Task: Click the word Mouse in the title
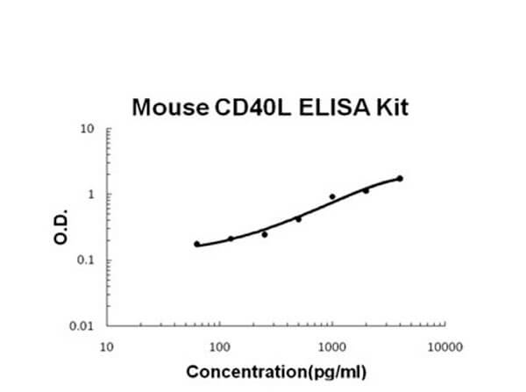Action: coord(170,107)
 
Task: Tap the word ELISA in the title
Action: coord(334,107)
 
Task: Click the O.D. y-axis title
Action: coord(60,227)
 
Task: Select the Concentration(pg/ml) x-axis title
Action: coord(276,373)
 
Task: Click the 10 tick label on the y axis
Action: coord(87,129)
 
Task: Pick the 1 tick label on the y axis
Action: coord(91,195)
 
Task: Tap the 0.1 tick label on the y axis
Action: coord(85,260)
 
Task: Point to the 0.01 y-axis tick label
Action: coord(82,326)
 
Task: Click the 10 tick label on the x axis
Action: coord(107,347)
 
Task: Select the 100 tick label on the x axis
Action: coord(220,347)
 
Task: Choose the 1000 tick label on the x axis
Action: coord(332,347)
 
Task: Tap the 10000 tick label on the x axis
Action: coord(445,347)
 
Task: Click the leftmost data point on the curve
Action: coord(197,244)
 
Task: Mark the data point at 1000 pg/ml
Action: coord(332,196)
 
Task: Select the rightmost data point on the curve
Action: coord(400,179)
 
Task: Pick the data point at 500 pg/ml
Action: coord(299,219)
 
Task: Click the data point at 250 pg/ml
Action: coord(265,235)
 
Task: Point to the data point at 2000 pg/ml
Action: coord(366,190)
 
